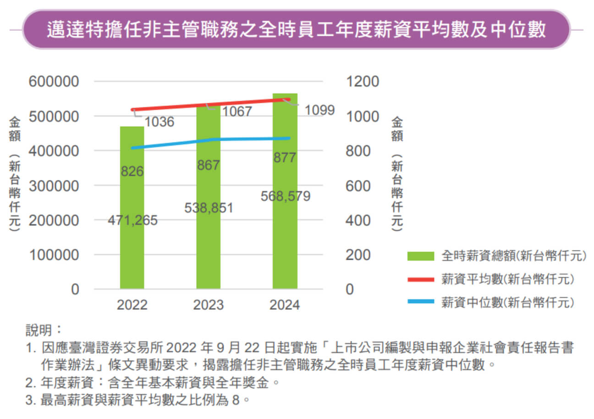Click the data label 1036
(160, 122)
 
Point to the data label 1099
(319, 111)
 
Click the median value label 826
(132, 172)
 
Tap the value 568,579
(285, 196)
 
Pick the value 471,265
(132, 221)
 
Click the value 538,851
(209, 208)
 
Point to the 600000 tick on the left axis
(54, 82)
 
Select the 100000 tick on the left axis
(54, 255)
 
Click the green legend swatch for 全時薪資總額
(420, 256)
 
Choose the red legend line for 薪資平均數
(420, 279)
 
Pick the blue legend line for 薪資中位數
(420, 302)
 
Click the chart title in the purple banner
(296, 30)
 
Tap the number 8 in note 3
(236, 400)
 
